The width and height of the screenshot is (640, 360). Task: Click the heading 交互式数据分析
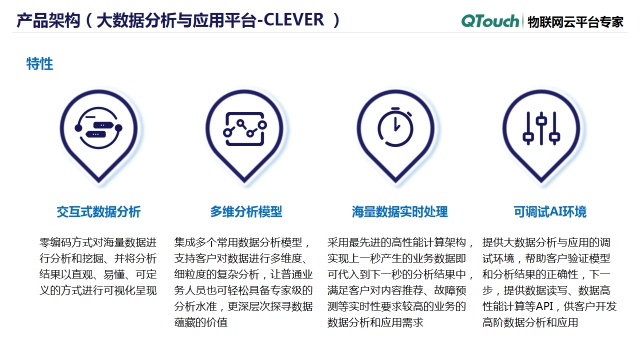[x=98, y=212]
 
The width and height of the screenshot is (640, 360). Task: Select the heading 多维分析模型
[x=246, y=212]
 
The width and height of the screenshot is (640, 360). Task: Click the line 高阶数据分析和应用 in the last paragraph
[x=531, y=323]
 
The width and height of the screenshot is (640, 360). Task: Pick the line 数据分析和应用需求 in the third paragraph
[x=376, y=323]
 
